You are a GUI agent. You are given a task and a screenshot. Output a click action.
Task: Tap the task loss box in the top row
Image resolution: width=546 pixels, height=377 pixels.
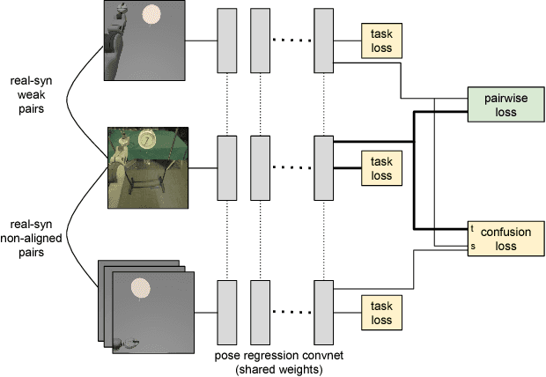tap(380, 40)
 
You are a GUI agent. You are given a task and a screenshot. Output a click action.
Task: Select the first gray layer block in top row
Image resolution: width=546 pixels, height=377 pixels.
tap(227, 41)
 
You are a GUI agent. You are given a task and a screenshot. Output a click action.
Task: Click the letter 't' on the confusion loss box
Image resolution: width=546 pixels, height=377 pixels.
tap(473, 228)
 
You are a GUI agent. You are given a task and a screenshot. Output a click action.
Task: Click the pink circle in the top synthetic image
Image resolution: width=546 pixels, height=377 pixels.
tap(152, 15)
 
